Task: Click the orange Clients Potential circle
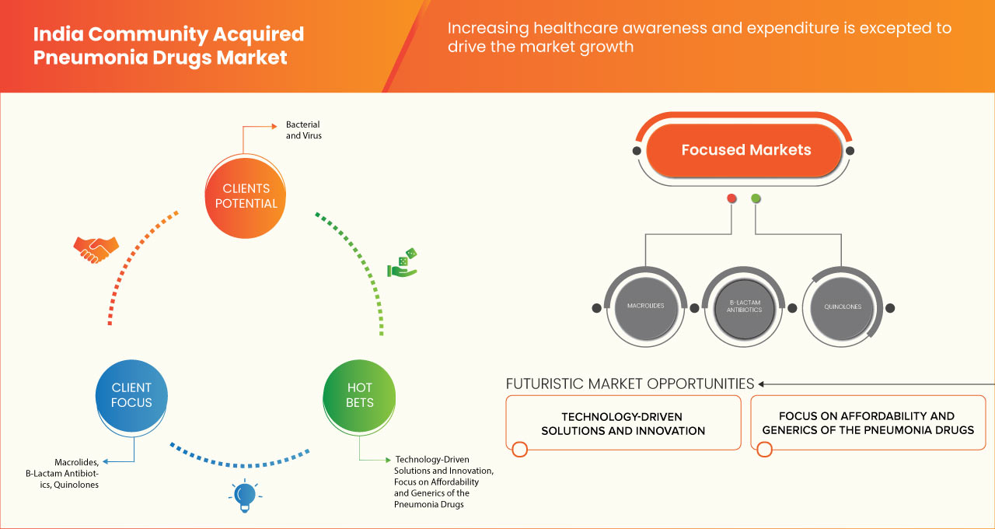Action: click(245, 195)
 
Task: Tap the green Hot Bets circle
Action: click(359, 395)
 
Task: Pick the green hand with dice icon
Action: click(403, 264)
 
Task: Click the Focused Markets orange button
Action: click(745, 150)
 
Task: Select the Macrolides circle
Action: click(645, 307)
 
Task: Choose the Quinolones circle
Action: click(843, 307)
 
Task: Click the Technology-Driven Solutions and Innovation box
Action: click(623, 423)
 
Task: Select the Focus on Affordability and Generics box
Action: click(868, 423)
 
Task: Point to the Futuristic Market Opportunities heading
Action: click(630, 384)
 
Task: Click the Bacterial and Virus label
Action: click(302, 130)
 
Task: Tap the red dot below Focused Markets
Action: click(731, 199)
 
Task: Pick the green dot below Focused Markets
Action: click(756, 199)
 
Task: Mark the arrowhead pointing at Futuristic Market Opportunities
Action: click(763, 384)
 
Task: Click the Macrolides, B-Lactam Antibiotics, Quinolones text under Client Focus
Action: click(76, 473)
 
